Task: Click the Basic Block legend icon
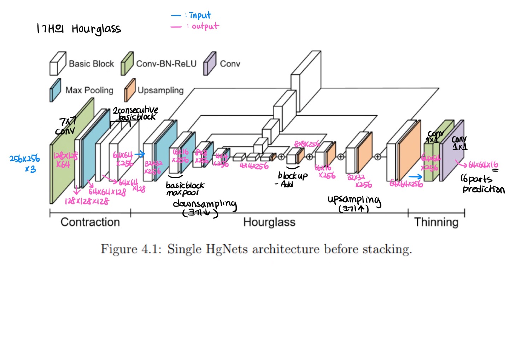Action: point(58,64)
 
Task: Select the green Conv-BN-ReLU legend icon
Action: point(127,64)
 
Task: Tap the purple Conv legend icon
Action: point(209,64)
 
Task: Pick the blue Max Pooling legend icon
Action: point(55,90)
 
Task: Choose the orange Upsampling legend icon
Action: point(130,90)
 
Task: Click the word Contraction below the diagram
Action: point(90,222)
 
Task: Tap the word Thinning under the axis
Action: point(436,222)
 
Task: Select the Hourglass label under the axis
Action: point(269,222)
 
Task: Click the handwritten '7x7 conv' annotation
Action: point(66,126)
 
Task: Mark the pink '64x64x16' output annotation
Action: point(483,165)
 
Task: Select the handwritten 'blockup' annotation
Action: point(293,176)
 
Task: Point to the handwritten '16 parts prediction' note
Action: point(482,184)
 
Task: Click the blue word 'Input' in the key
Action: point(200,15)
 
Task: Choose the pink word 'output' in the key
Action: point(205,26)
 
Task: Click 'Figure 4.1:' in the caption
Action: point(131,249)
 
